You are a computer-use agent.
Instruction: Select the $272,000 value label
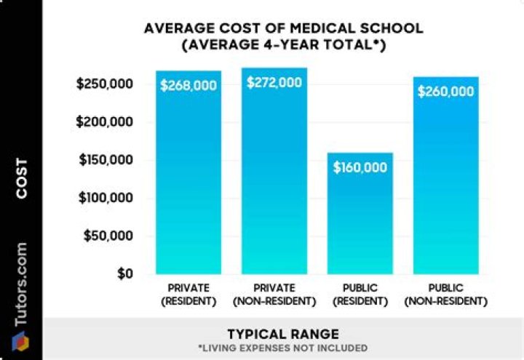[x=274, y=83]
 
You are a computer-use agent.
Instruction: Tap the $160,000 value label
[x=360, y=167]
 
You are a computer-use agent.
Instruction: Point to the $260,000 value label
[x=446, y=92]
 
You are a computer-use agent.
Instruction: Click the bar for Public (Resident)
[x=361, y=218]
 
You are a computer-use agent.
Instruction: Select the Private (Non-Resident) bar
[x=275, y=182]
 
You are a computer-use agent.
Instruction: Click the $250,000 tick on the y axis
[x=105, y=84]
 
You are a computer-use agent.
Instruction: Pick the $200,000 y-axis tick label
[x=105, y=122]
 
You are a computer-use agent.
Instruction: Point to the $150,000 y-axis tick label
[x=105, y=160]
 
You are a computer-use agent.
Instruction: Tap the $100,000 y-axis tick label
[x=105, y=199]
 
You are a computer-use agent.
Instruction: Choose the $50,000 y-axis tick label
[x=108, y=236]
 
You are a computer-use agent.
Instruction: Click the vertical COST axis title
[x=23, y=178]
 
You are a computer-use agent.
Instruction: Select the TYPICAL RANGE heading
[x=283, y=335]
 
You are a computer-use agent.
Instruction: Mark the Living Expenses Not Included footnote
[x=283, y=348]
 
